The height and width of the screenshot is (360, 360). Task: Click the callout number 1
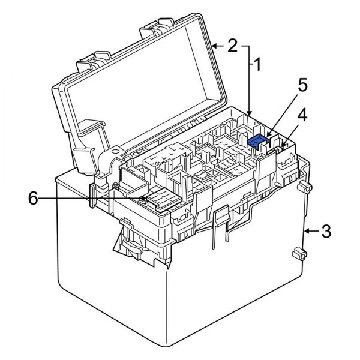click(257, 64)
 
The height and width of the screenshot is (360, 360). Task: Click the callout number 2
click(232, 45)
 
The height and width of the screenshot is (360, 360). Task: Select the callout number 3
click(325, 231)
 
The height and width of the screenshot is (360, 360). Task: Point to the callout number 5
click(303, 85)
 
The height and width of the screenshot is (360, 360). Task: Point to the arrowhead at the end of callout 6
click(146, 197)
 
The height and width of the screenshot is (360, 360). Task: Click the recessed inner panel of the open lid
click(144, 90)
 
